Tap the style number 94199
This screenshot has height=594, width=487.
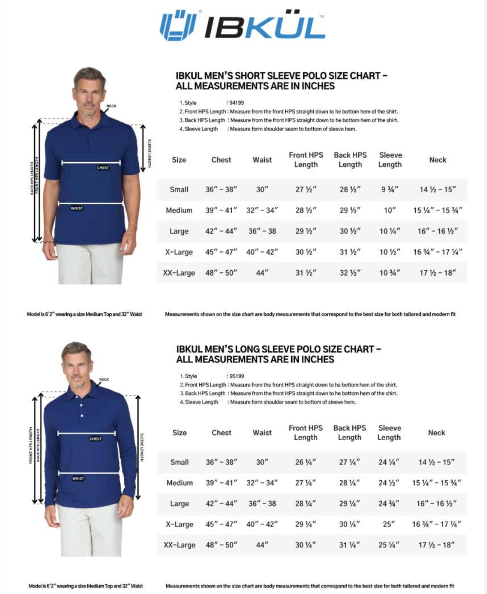(236, 103)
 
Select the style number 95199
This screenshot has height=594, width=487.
(237, 376)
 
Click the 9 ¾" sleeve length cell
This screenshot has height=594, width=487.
(389, 189)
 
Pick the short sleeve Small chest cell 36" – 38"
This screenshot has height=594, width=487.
(221, 189)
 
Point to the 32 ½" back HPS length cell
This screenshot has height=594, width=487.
(350, 273)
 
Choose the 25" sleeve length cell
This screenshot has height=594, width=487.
(389, 524)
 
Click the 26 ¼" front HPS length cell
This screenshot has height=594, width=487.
(305, 462)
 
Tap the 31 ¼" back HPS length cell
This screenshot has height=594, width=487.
(349, 545)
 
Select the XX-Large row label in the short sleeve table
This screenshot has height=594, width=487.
(179, 273)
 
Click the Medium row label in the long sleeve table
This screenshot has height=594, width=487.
(179, 483)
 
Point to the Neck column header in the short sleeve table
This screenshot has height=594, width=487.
(438, 160)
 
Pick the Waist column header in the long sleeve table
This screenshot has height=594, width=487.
(262, 433)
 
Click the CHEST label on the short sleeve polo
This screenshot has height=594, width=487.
(103, 168)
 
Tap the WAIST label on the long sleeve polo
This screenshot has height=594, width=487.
(78, 478)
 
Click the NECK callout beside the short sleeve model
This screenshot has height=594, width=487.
(111, 106)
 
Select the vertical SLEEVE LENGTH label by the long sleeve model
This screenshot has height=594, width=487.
(142, 447)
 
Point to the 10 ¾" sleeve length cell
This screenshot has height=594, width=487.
(389, 273)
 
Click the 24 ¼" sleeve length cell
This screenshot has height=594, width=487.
(389, 462)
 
